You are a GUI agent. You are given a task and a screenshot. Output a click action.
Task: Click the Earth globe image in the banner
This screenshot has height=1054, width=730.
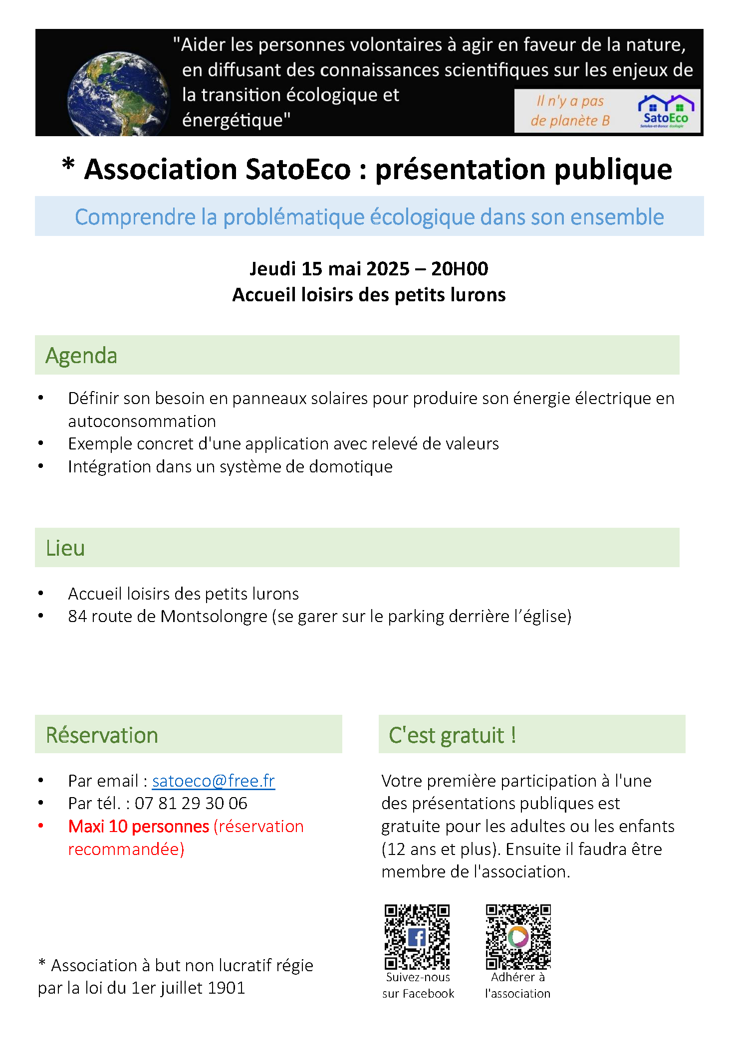(118, 94)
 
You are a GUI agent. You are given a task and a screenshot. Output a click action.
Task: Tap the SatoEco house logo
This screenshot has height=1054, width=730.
(666, 111)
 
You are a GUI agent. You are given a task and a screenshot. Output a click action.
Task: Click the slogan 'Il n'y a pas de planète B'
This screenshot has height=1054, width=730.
(570, 111)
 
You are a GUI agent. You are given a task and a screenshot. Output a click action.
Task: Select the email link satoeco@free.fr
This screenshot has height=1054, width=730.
(214, 781)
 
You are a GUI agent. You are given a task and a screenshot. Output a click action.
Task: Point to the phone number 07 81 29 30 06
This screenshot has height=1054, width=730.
(191, 803)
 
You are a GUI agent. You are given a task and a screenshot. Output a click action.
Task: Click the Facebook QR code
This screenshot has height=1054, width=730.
(417, 936)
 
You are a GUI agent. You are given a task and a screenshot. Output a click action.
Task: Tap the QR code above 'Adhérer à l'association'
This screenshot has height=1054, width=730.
(518, 936)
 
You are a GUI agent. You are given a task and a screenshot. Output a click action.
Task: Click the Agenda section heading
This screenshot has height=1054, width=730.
(81, 356)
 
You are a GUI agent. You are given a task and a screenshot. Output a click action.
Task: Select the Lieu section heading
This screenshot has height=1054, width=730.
(65, 548)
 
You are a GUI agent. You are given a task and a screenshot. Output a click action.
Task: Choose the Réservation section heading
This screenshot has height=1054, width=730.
(102, 735)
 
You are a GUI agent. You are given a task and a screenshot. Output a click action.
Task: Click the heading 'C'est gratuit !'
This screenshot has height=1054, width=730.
(452, 735)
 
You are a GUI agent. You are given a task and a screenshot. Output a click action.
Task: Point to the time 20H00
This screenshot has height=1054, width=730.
(460, 269)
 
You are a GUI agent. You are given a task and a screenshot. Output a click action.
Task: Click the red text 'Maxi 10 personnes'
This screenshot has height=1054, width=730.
(139, 827)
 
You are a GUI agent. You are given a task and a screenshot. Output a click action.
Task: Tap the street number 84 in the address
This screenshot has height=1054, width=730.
(77, 617)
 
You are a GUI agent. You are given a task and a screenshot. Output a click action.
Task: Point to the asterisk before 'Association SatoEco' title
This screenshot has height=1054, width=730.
(68, 165)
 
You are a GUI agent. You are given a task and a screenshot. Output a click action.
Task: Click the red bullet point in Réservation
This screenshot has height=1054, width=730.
(41, 826)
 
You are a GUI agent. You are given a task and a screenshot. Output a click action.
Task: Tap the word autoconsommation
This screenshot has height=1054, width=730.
(142, 422)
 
